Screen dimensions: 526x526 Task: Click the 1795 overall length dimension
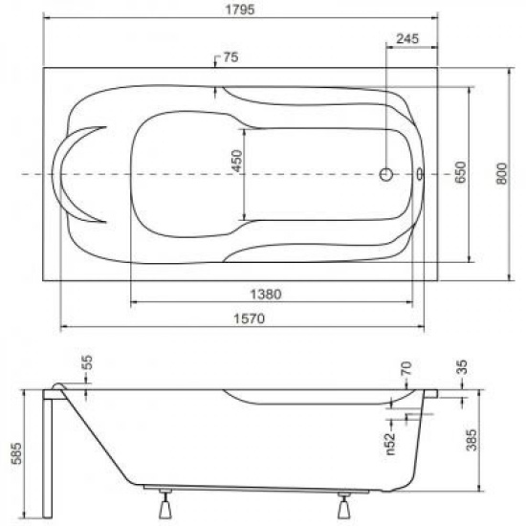pyautogui.click(x=239, y=10)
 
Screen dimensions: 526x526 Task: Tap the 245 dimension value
pyautogui.click(x=407, y=39)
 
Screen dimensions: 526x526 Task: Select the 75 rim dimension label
pyautogui.click(x=230, y=57)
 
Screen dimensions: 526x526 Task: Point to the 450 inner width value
pyautogui.click(x=237, y=161)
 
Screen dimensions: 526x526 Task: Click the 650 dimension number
pyautogui.click(x=461, y=172)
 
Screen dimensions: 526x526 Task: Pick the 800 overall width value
pyautogui.click(x=501, y=173)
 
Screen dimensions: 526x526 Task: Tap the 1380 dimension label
pyautogui.click(x=266, y=295)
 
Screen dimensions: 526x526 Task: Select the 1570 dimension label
pyautogui.click(x=249, y=318)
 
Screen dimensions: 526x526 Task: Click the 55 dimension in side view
pyautogui.click(x=87, y=362)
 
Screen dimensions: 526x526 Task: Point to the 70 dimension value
pyautogui.click(x=406, y=368)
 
